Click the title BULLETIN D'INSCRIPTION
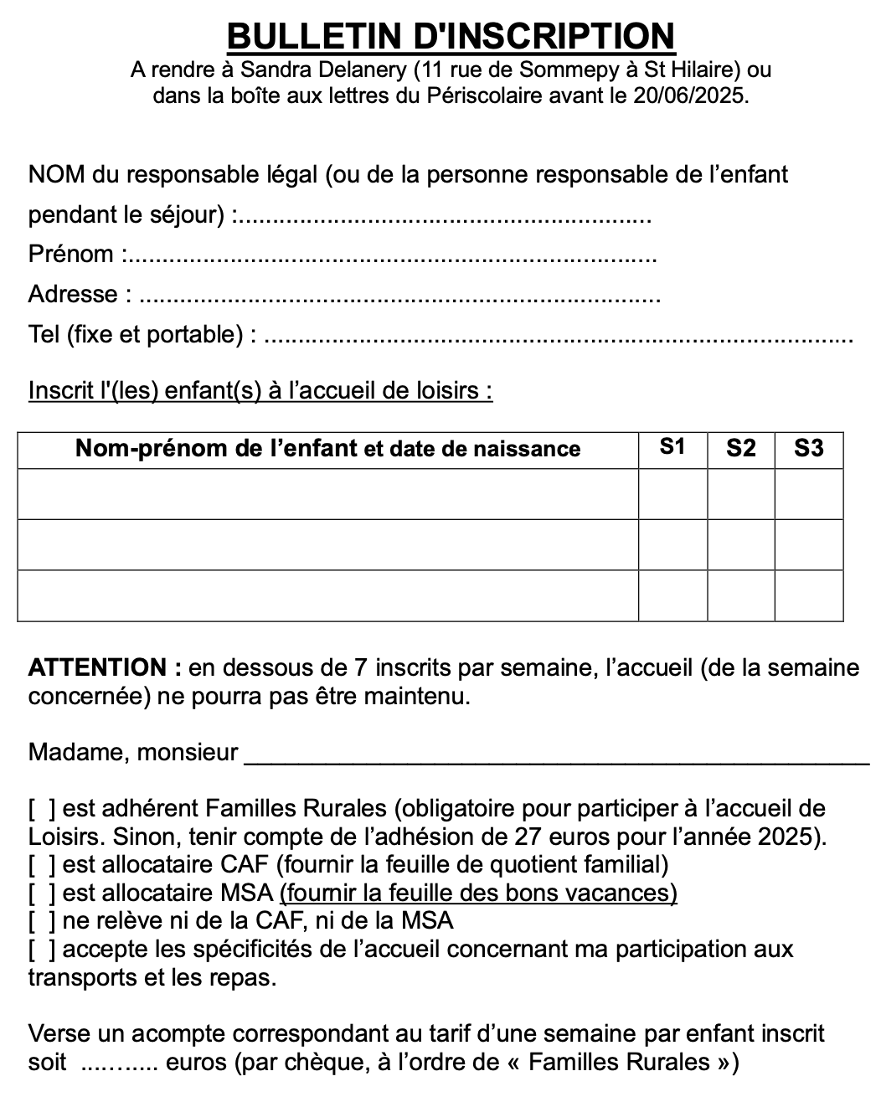(x=451, y=36)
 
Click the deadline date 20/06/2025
(x=689, y=95)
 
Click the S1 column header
(x=672, y=448)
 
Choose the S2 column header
(x=740, y=448)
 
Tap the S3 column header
(x=808, y=448)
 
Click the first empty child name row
(x=327, y=494)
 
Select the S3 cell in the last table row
(x=808, y=595)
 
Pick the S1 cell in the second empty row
(x=672, y=544)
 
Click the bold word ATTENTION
(x=97, y=668)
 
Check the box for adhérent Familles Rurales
(x=43, y=809)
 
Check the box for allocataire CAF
(x=43, y=865)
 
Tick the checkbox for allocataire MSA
(x=43, y=893)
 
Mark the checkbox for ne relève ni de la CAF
(x=43, y=921)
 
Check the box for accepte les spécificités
(x=43, y=950)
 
